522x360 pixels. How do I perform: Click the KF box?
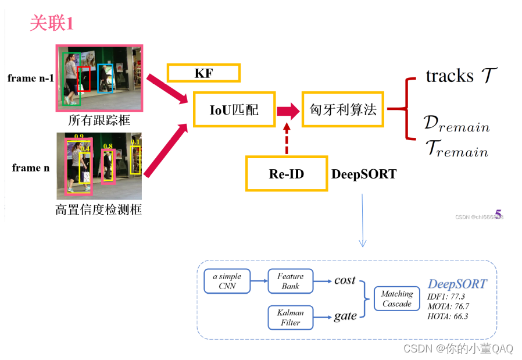(x=203, y=73)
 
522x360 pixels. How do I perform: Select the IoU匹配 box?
(x=234, y=109)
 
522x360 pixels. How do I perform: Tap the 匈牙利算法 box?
(x=342, y=109)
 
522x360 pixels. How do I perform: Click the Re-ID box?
(x=287, y=173)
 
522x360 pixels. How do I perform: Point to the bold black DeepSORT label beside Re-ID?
(x=364, y=174)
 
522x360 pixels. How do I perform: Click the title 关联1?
(x=52, y=23)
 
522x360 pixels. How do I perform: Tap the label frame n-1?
(x=31, y=78)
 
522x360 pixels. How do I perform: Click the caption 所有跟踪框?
(x=99, y=121)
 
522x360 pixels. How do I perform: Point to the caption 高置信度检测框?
(x=99, y=209)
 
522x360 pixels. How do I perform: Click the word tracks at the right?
(x=449, y=76)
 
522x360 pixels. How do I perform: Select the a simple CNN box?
(x=227, y=281)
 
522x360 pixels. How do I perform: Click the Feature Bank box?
(x=290, y=281)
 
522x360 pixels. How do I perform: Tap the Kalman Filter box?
(x=290, y=318)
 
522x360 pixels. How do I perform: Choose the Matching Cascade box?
(x=396, y=299)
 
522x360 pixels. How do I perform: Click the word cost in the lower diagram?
(x=345, y=280)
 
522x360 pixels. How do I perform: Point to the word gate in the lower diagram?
(x=345, y=316)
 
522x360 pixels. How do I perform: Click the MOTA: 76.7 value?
(x=448, y=306)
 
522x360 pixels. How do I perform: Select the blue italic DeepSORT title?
(x=457, y=284)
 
